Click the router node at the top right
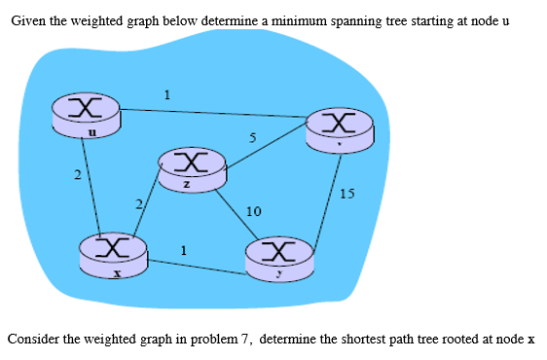pyautogui.click(x=339, y=126)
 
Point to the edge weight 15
pyautogui.click(x=348, y=194)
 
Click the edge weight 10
pyautogui.click(x=253, y=211)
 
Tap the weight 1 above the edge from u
pyautogui.click(x=167, y=94)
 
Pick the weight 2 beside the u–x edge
pyautogui.click(x=77, y=174)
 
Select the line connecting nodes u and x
pyautogui.click(x=92, y=185)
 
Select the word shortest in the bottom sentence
pyautogui.click(x=342, y=340)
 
